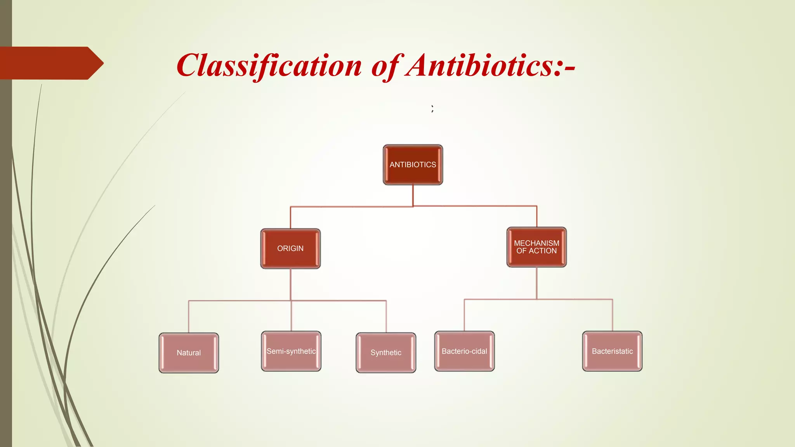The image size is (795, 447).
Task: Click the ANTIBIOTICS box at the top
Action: click(x=413, y=165)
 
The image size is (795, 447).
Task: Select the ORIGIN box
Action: click(x=290, y=249)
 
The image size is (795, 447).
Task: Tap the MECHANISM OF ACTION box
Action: click(x=536, y=247)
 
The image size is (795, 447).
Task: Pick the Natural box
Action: click(x=189, y=353)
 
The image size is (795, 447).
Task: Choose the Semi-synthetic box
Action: click(x=291, y=351)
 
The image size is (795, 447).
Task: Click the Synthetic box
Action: click(x=386, y=353)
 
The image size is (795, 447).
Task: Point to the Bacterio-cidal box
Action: click(x=464, y=351)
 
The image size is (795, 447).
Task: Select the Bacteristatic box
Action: click(x=612, y=351)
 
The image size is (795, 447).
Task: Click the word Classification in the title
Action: click(x=269, y=65)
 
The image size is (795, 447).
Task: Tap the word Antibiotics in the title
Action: click(x=479, y=65)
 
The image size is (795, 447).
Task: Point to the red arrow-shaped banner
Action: click(x=50, y=63)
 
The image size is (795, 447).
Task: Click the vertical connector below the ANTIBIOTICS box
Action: click(x=413, y=195)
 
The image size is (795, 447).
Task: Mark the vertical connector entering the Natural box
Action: click(x=189, y=317)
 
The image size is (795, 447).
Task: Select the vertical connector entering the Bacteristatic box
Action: click(x=613, y=315)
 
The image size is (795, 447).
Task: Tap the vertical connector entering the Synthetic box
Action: click(x=386, y=317)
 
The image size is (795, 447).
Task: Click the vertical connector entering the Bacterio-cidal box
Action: click(x=464, y=315)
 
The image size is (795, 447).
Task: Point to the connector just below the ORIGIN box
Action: click(x=291, y=284)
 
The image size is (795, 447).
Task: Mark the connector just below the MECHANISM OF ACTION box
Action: click(x=537, y=283)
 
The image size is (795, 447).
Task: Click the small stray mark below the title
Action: click(x=432, y=109)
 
